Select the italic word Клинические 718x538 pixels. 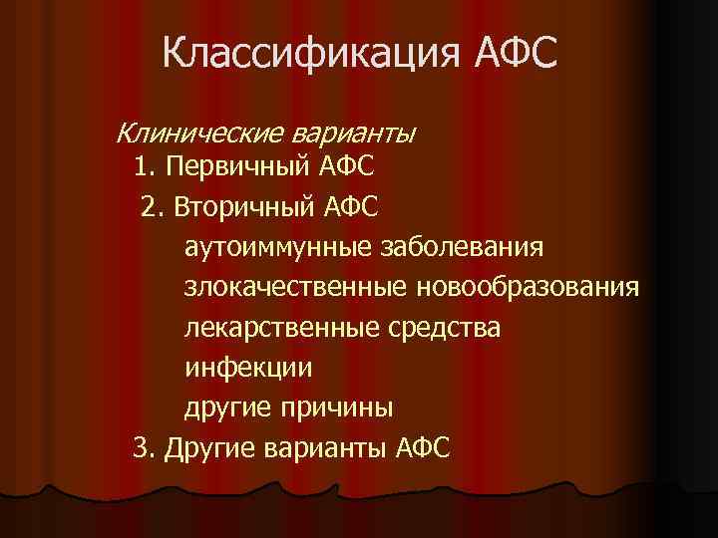[x=200, y=132]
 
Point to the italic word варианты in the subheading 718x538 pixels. [x=354, y=132]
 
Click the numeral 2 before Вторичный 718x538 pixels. [x=150, y=206]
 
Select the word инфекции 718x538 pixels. [x=248, y=368]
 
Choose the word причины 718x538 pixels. [x=345, y=407]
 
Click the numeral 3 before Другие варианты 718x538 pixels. [x=141, y=447]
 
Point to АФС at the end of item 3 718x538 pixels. [x=423, y=447]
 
